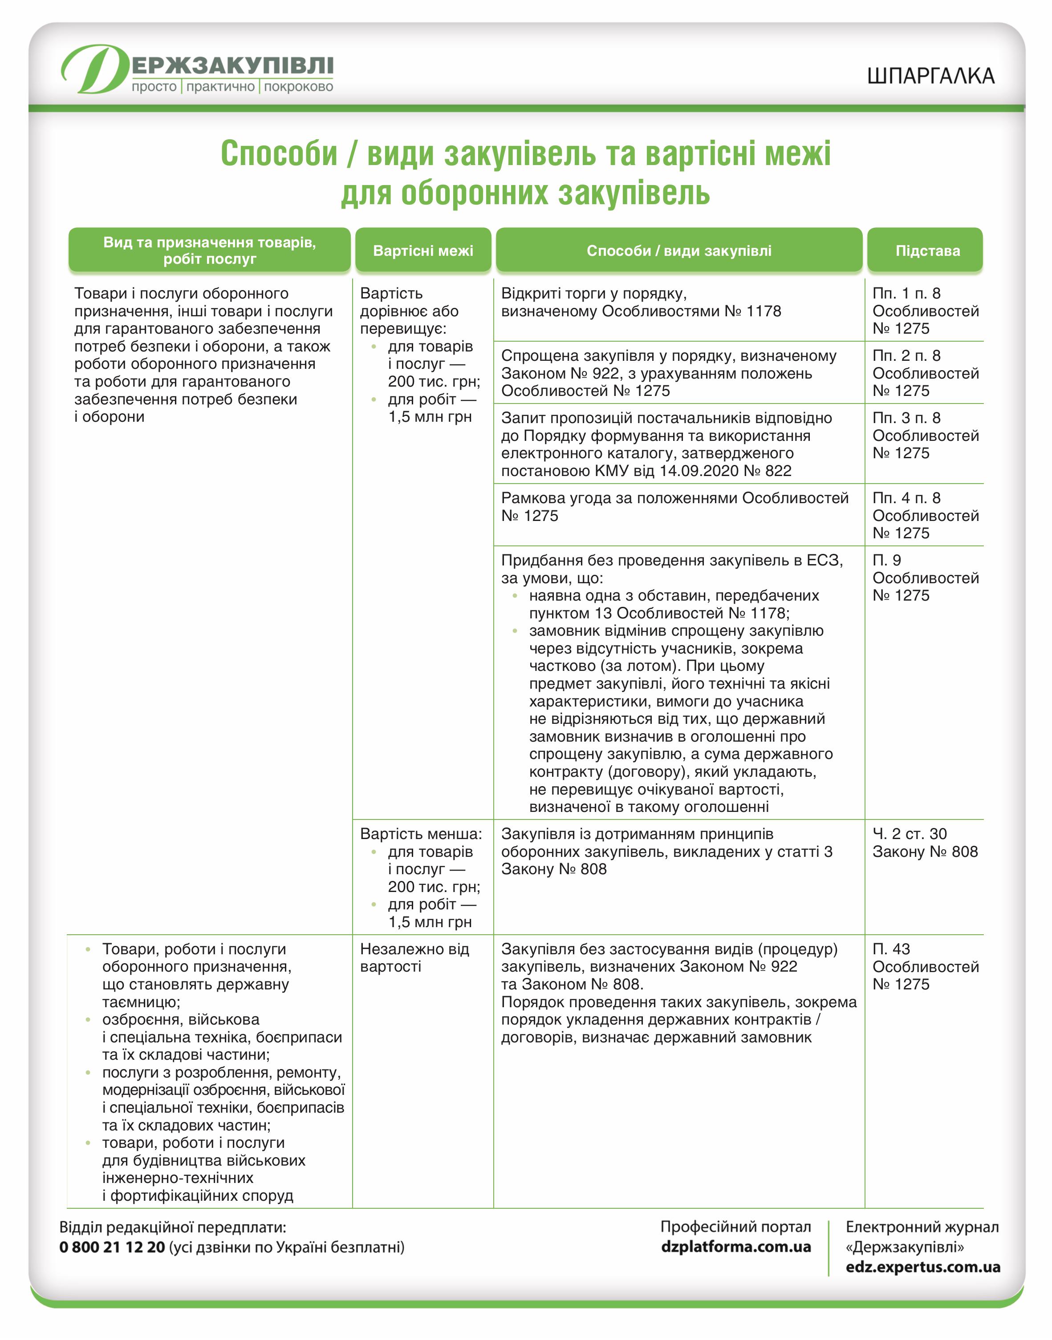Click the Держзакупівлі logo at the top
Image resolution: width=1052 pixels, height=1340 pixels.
tap(197, 69)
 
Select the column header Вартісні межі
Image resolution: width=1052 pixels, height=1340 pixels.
tap(423, 250)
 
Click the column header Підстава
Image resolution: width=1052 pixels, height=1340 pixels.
tap(927, 250)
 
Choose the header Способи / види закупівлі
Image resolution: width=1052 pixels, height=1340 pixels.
tap(679, 250)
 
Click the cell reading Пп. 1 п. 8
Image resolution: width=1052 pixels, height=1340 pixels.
tap(906, 294)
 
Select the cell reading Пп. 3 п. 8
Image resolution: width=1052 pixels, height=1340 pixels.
tap(906, 418)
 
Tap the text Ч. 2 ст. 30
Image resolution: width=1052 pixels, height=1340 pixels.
tap(909, 834)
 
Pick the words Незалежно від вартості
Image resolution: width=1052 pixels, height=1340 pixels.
tap(414, 958)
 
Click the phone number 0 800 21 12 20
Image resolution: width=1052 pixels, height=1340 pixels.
tap(112, 1247)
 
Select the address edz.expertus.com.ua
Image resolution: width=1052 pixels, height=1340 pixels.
tap(922, 1267)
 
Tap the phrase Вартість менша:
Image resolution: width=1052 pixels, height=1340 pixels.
tap(421, 834)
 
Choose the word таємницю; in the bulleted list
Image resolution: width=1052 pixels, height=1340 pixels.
tap(141, 1002)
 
